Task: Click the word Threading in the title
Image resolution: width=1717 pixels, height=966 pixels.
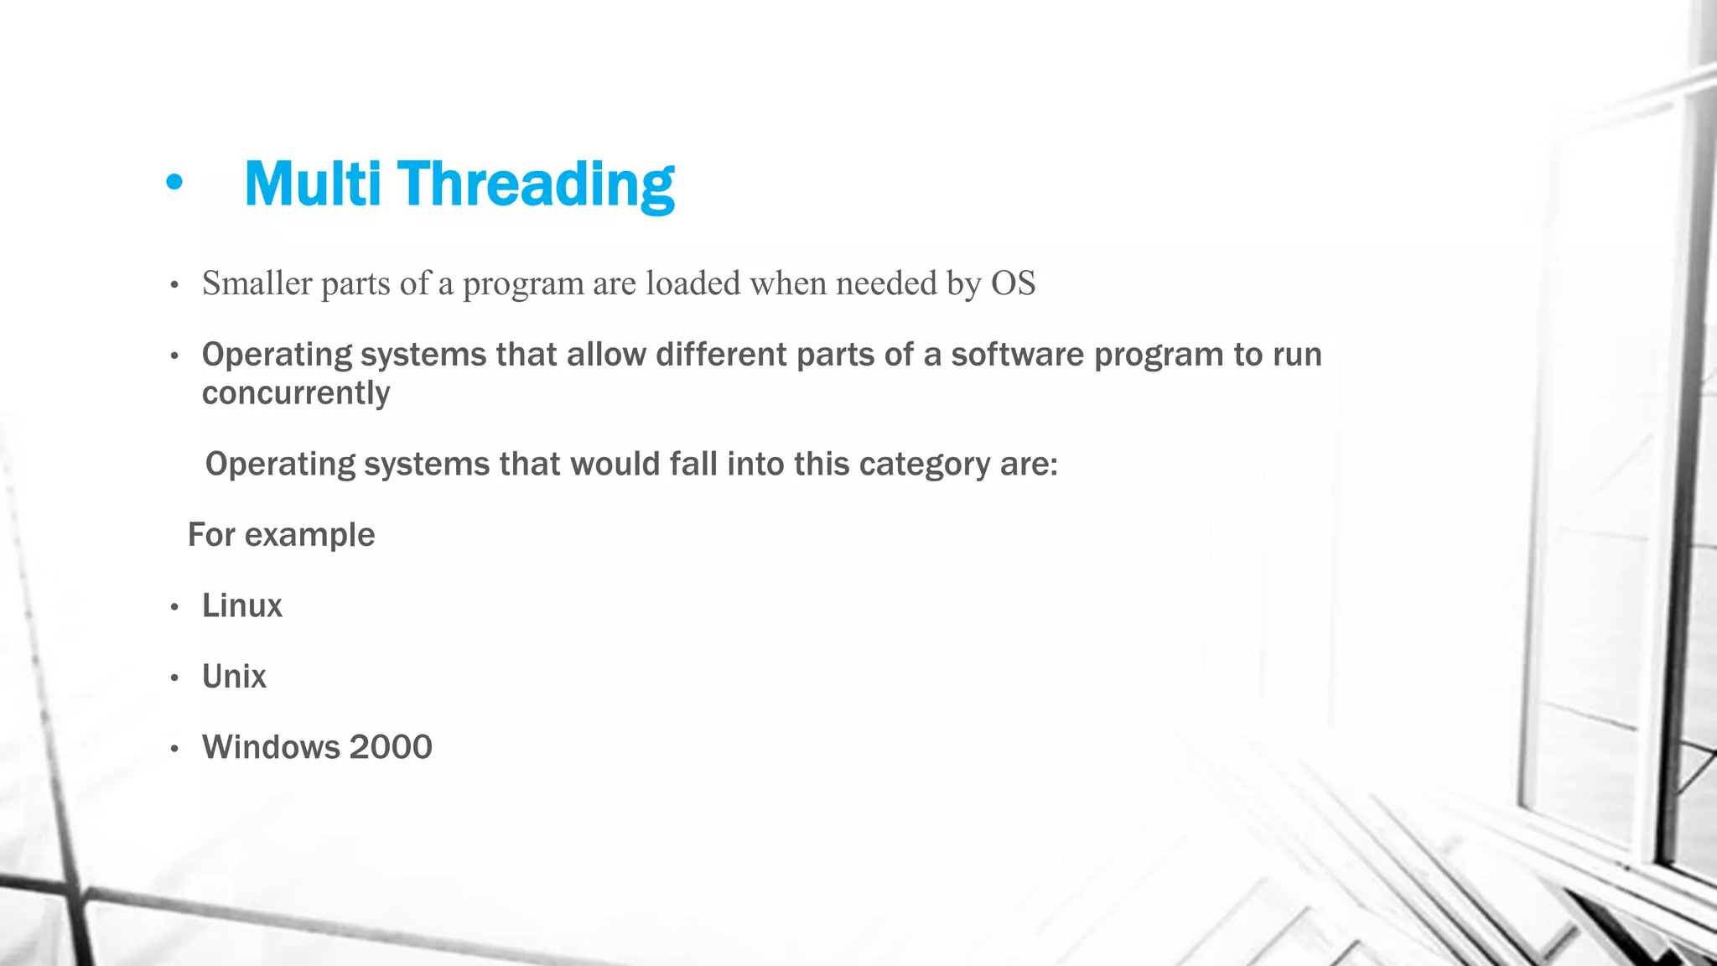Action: [x=536, y=185]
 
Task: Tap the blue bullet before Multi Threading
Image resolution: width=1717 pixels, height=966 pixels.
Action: [x=174, y=182]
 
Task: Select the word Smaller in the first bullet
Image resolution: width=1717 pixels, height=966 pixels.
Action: [x=257, y=283]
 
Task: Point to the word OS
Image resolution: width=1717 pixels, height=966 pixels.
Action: [x=1013, y=283]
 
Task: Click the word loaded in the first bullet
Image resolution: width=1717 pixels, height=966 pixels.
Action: [x=693, y=283]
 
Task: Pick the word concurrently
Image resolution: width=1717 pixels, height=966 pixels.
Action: [x=296, y=393]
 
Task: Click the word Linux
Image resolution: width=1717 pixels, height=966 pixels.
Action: [x=242, y=605]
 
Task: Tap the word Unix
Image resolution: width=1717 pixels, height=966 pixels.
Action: [x=234, y=677]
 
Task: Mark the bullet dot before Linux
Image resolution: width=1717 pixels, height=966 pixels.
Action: [x=174, y=607]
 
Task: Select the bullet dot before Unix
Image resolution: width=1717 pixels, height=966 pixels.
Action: [x=174, y=678]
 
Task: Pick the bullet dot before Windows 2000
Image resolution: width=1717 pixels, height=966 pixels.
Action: [x=174, y=749]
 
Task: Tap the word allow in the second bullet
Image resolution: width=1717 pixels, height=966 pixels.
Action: [x=606, y=355]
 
